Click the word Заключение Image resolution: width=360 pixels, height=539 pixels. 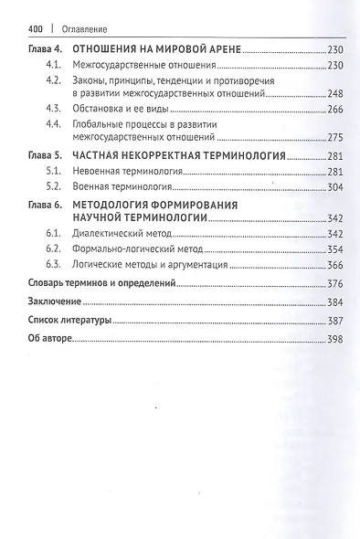(46, 301)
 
